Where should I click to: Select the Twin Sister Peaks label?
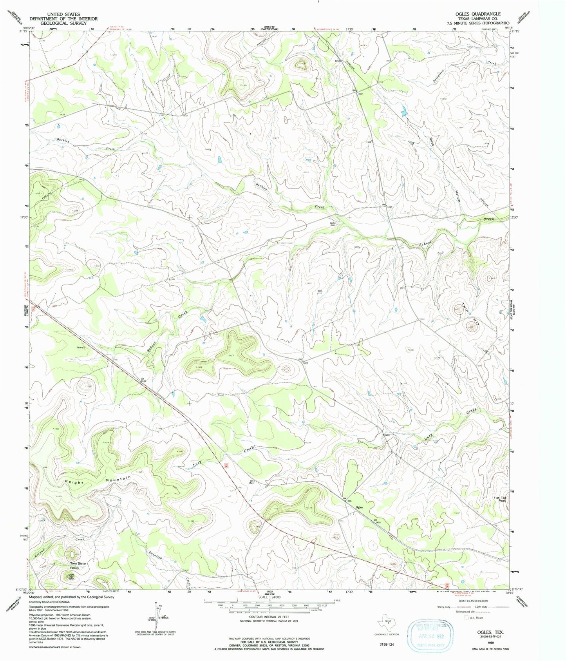point(78,565)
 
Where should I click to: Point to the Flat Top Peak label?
point(500,500)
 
